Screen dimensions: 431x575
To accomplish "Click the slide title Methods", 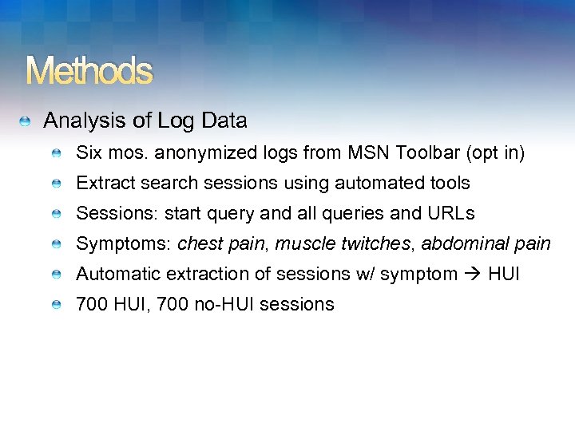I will (x=89, y=72).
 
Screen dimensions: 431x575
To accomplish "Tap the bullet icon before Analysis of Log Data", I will (x=26, y=122).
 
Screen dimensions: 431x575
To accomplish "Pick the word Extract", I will (x=105, y=183).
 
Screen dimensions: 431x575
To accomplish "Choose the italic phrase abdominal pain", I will (x=486, y=243).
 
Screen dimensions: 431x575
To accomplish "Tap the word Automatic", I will (x=117, y=274).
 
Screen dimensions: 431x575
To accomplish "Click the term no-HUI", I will (x=225, y=304).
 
